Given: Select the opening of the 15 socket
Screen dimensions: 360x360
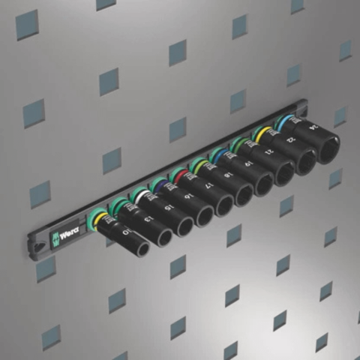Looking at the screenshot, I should (183, 226).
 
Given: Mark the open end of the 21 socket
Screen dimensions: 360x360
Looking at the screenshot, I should (284, 175).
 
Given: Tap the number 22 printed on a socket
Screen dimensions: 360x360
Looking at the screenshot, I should (288, 142).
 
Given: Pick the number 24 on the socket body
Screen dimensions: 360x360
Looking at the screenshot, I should (309, 129).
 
